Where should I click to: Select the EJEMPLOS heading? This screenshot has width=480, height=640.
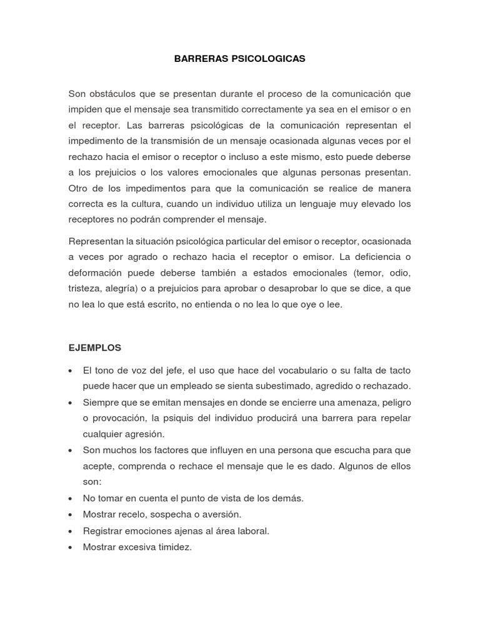point(94,347)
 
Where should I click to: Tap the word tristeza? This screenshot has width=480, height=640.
point(84,289)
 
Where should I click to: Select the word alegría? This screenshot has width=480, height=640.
point(124,289)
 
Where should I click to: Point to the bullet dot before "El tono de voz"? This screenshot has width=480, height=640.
point(71,371)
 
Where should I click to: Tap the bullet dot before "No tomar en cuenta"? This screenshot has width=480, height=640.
point(71,498)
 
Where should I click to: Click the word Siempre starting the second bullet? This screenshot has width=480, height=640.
point(100,402)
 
